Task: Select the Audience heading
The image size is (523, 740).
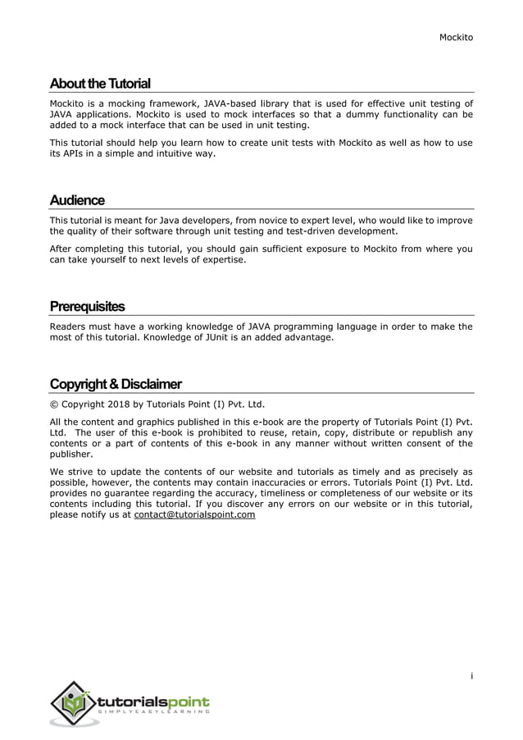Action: pyautogui.click(x=77, y=200)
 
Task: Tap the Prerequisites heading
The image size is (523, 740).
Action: pyautogui.click(x=87, y=307)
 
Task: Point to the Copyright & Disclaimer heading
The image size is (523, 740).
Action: pyautogui.click(x=116, y=384)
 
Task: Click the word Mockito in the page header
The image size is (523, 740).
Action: pyautogui.click(x=457, y=37)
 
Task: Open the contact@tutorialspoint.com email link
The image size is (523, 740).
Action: pyautogui.click(x=194, y=515)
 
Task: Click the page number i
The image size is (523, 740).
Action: pyautogui.click(x=471, y=676)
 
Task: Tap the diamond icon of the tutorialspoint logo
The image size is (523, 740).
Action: pyautogui.click(x=74, y=703)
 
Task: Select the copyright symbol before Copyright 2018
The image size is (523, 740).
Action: pyautogui.click(x=53, y=404)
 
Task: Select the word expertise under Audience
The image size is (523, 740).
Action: pyautogui.click(x=221, y=260)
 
